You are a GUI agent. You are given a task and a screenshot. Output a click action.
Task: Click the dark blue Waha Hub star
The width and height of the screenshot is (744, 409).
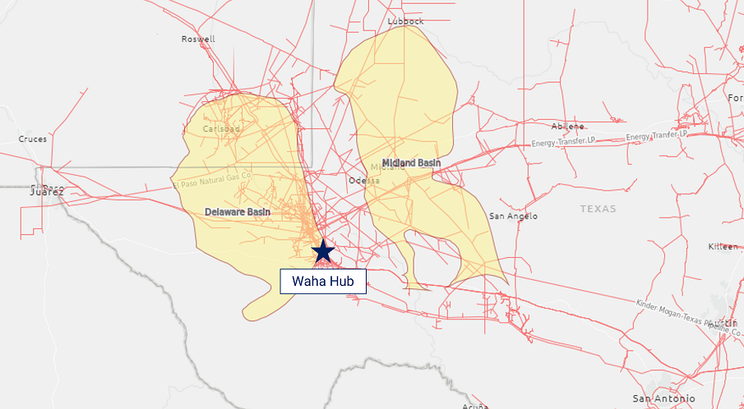point(323,250)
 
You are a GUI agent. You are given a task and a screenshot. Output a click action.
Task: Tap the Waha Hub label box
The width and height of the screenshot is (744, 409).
point(323,281)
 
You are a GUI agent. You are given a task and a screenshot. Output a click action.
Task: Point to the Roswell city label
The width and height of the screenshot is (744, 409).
point(198,39)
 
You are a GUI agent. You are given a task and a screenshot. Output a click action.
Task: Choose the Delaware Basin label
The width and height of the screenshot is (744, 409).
point(238,212)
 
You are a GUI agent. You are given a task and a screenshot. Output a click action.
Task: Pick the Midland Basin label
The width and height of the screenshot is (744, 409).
point(411,163)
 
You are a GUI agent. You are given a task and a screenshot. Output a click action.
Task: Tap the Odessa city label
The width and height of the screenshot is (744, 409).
point(364,180)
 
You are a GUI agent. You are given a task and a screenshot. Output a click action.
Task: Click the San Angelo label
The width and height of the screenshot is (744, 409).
point(513,216)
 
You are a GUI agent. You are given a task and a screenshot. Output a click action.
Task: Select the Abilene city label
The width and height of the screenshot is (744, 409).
point(568,126)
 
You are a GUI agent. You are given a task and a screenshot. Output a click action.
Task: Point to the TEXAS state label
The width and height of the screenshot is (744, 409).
point(598,209)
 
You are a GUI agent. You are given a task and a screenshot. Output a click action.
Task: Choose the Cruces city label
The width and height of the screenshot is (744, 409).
point(33,139)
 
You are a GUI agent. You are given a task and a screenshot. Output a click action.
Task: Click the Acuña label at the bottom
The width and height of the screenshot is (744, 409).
point(475,405)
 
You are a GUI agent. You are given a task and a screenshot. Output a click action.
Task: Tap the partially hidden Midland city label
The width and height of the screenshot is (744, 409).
point(377,168)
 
